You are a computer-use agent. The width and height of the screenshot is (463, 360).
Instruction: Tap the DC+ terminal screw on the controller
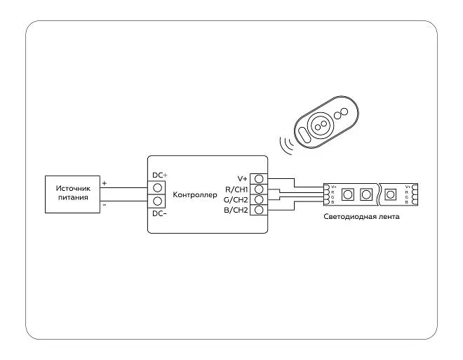point(158,188)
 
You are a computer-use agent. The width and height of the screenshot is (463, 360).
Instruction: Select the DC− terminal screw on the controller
point(158,202)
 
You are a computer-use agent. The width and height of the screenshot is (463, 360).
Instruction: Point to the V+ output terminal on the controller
point(259,179)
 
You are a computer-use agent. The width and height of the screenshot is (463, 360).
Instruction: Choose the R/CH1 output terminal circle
point(259,189)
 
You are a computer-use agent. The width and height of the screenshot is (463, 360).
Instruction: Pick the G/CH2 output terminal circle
point(259,200)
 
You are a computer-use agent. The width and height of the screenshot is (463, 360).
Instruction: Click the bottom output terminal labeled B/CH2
point(259,211)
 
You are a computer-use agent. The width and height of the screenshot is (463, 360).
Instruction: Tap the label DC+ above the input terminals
point(160,175)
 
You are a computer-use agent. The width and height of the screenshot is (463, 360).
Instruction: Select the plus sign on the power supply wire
point(105,183)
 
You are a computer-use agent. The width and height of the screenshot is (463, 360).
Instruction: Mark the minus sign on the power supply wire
point(105,206)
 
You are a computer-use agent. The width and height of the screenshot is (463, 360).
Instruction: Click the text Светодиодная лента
point(362,217)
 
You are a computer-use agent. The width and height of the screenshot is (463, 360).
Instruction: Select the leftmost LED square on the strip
point(347,194)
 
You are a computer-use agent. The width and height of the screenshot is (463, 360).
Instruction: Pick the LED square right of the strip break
point(393,194)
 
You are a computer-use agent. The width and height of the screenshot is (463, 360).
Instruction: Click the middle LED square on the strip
point(366,194)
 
